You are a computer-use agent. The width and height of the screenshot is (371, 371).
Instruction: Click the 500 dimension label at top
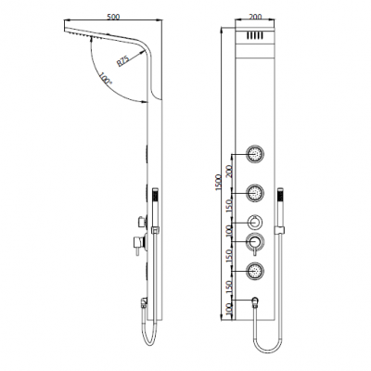[113, 17]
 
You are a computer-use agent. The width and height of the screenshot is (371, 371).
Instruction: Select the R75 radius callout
[122, 61]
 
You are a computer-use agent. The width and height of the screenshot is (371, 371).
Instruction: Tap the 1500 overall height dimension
[219, 183]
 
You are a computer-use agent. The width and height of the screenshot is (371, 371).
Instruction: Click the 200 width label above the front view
[255, 17]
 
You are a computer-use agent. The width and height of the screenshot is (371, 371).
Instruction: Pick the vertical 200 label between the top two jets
[229, 171]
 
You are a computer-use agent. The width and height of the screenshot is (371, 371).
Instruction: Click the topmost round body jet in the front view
[255, 153]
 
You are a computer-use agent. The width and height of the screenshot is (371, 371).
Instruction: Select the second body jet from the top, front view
[255, 193]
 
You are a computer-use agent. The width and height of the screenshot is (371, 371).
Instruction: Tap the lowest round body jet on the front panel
[255, 271]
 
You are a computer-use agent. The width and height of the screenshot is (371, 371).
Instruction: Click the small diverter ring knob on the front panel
[255, 223]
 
